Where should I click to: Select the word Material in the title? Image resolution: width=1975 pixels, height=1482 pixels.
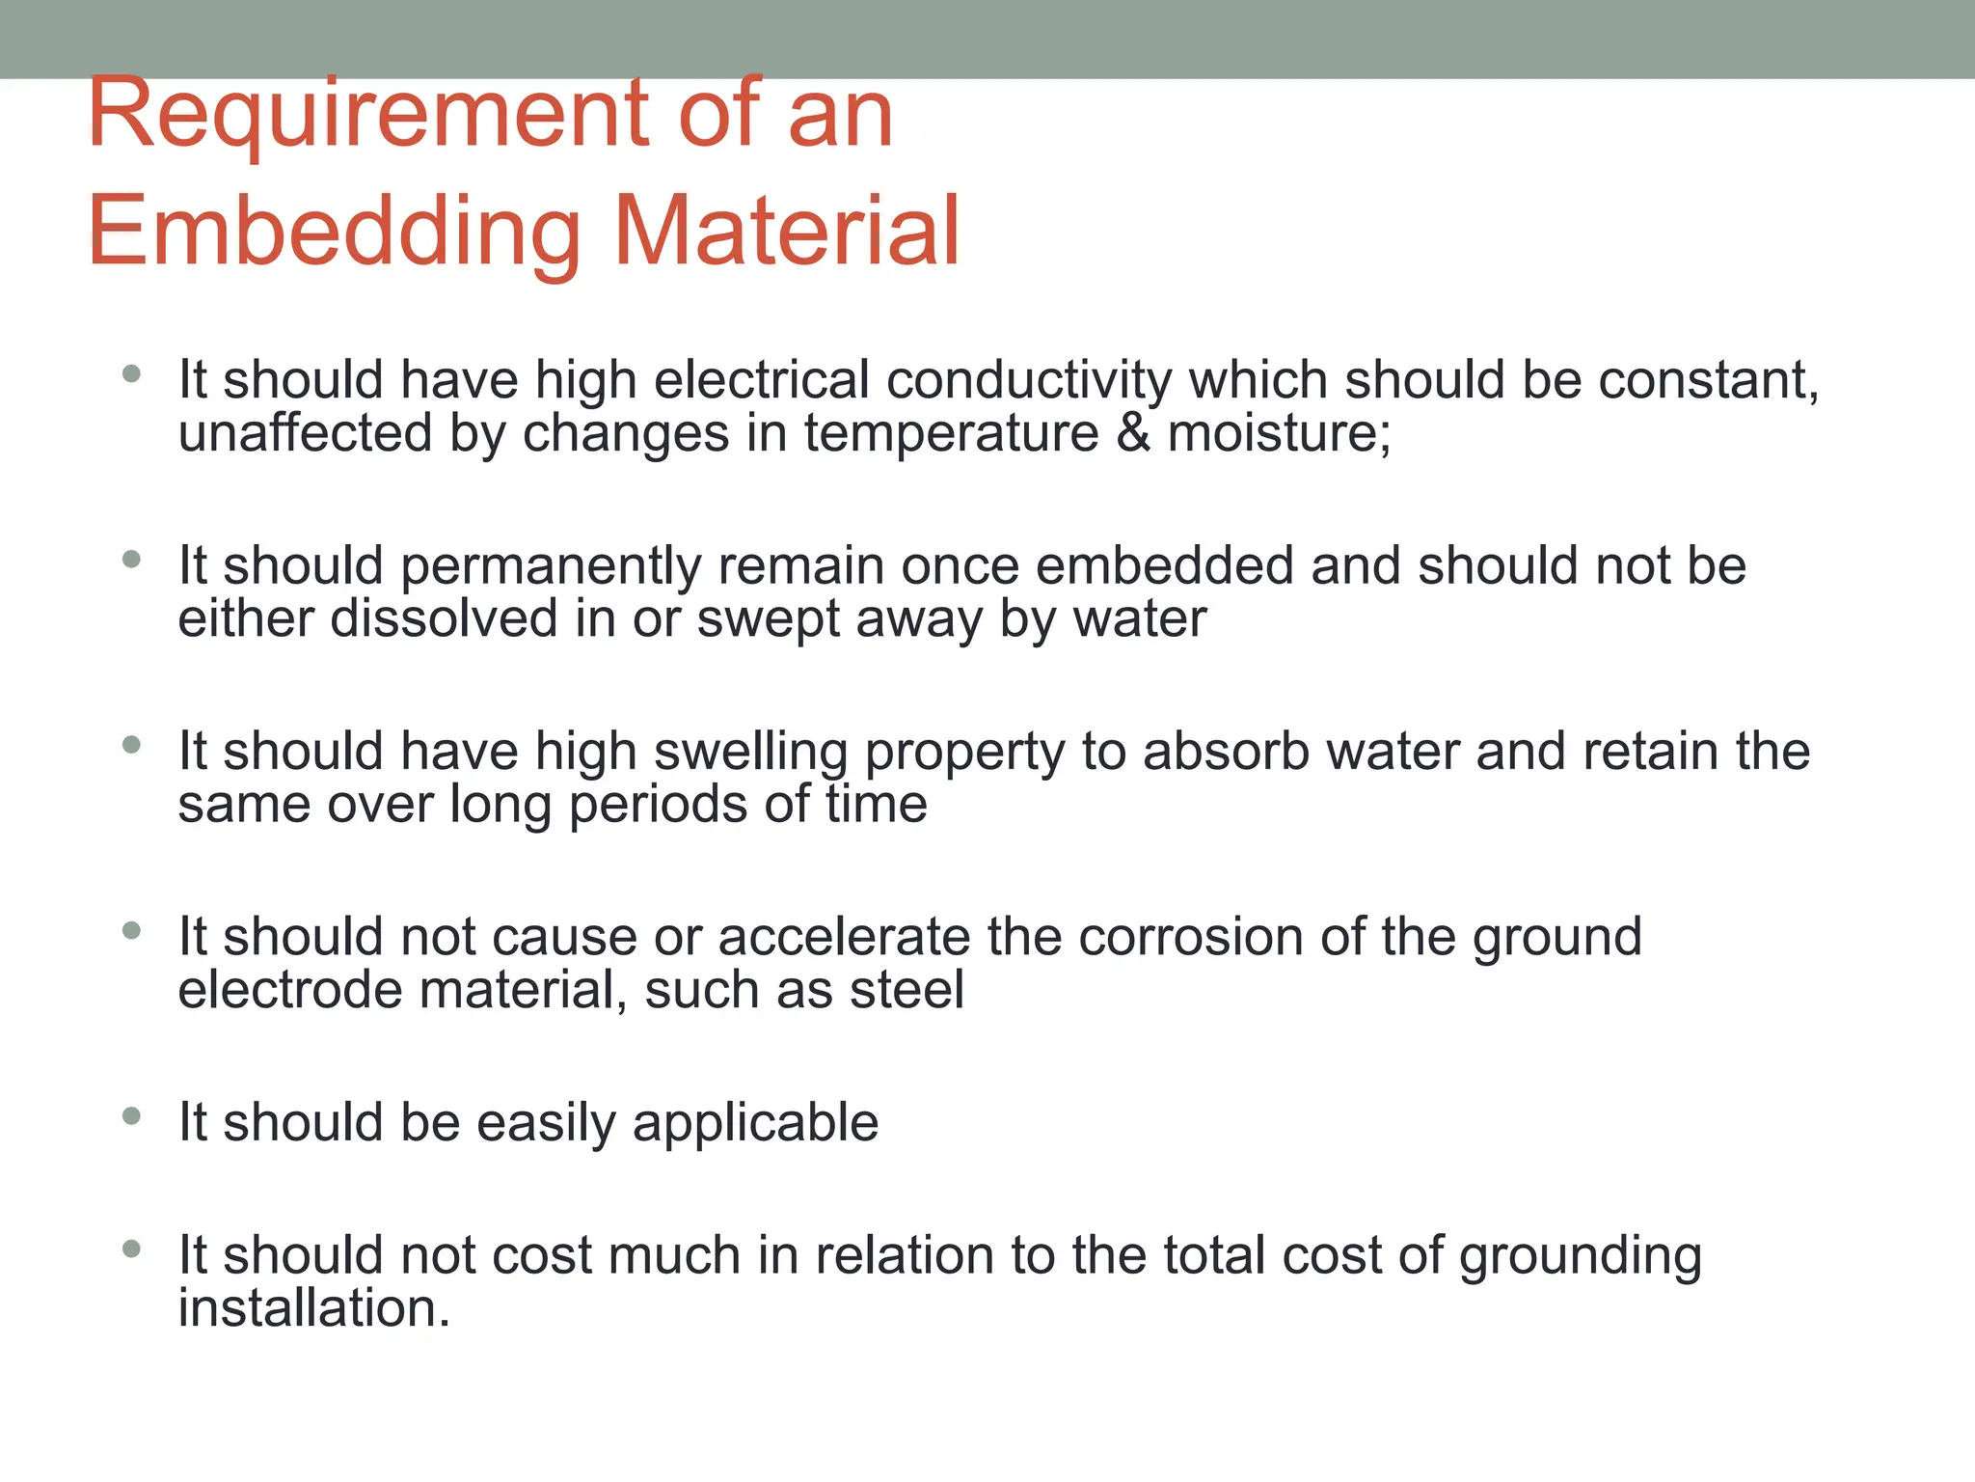(x=787, y=232)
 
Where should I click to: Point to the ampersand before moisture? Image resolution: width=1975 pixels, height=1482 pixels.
(x=1133, y=433)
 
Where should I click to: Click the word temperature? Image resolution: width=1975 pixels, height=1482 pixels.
(x=952, y=433)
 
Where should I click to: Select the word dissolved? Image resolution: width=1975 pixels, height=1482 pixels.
(x=445, y=618)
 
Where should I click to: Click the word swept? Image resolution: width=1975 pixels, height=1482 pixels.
(x=768, y=618)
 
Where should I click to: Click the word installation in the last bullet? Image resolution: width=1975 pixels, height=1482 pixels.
(x=314, y=1309)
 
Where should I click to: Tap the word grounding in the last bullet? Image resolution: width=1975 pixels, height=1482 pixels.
(x=1581, y=1256)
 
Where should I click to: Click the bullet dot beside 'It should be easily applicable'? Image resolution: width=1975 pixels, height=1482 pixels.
(x=132, y=1116)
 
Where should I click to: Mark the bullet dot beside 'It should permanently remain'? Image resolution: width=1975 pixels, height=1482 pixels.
(x=132, y=559)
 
